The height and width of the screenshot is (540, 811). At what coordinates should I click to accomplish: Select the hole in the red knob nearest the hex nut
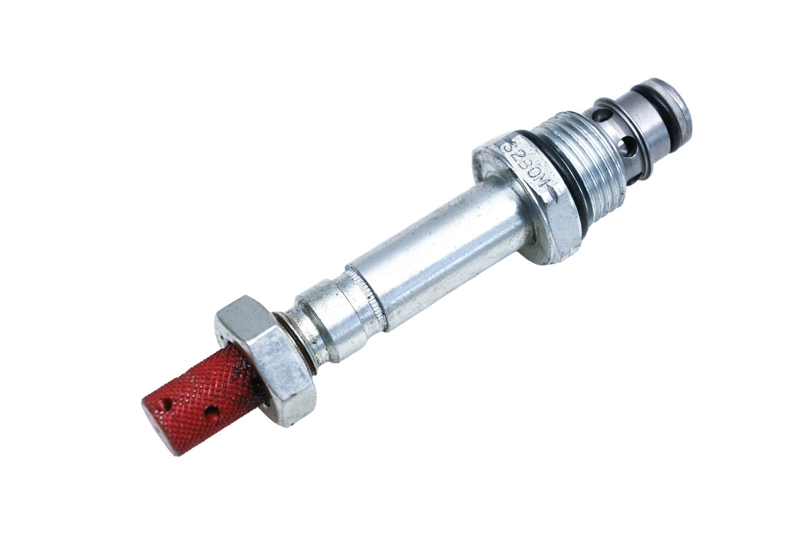coord(212,412)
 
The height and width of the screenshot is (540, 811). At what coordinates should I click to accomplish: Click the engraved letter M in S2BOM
coord(546,188)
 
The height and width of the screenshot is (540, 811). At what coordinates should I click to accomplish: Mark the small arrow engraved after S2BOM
coord(555,197)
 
